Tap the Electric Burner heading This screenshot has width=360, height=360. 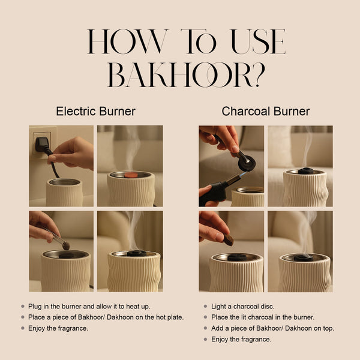(95, 111)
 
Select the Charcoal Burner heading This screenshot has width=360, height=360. (265, 111)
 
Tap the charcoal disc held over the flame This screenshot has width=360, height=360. (246, 163)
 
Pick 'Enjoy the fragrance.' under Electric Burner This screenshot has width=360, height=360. (58, 328)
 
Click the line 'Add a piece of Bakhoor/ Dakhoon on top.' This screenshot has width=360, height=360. (272, 328)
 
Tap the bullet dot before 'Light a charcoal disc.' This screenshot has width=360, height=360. (205, 306)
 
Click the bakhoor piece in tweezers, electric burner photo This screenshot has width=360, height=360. (66, 245)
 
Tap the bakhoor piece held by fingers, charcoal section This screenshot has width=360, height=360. (229, 239)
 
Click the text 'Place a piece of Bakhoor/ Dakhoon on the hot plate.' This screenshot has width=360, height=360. (106, 317)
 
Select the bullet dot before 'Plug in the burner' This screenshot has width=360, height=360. (22, 306)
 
